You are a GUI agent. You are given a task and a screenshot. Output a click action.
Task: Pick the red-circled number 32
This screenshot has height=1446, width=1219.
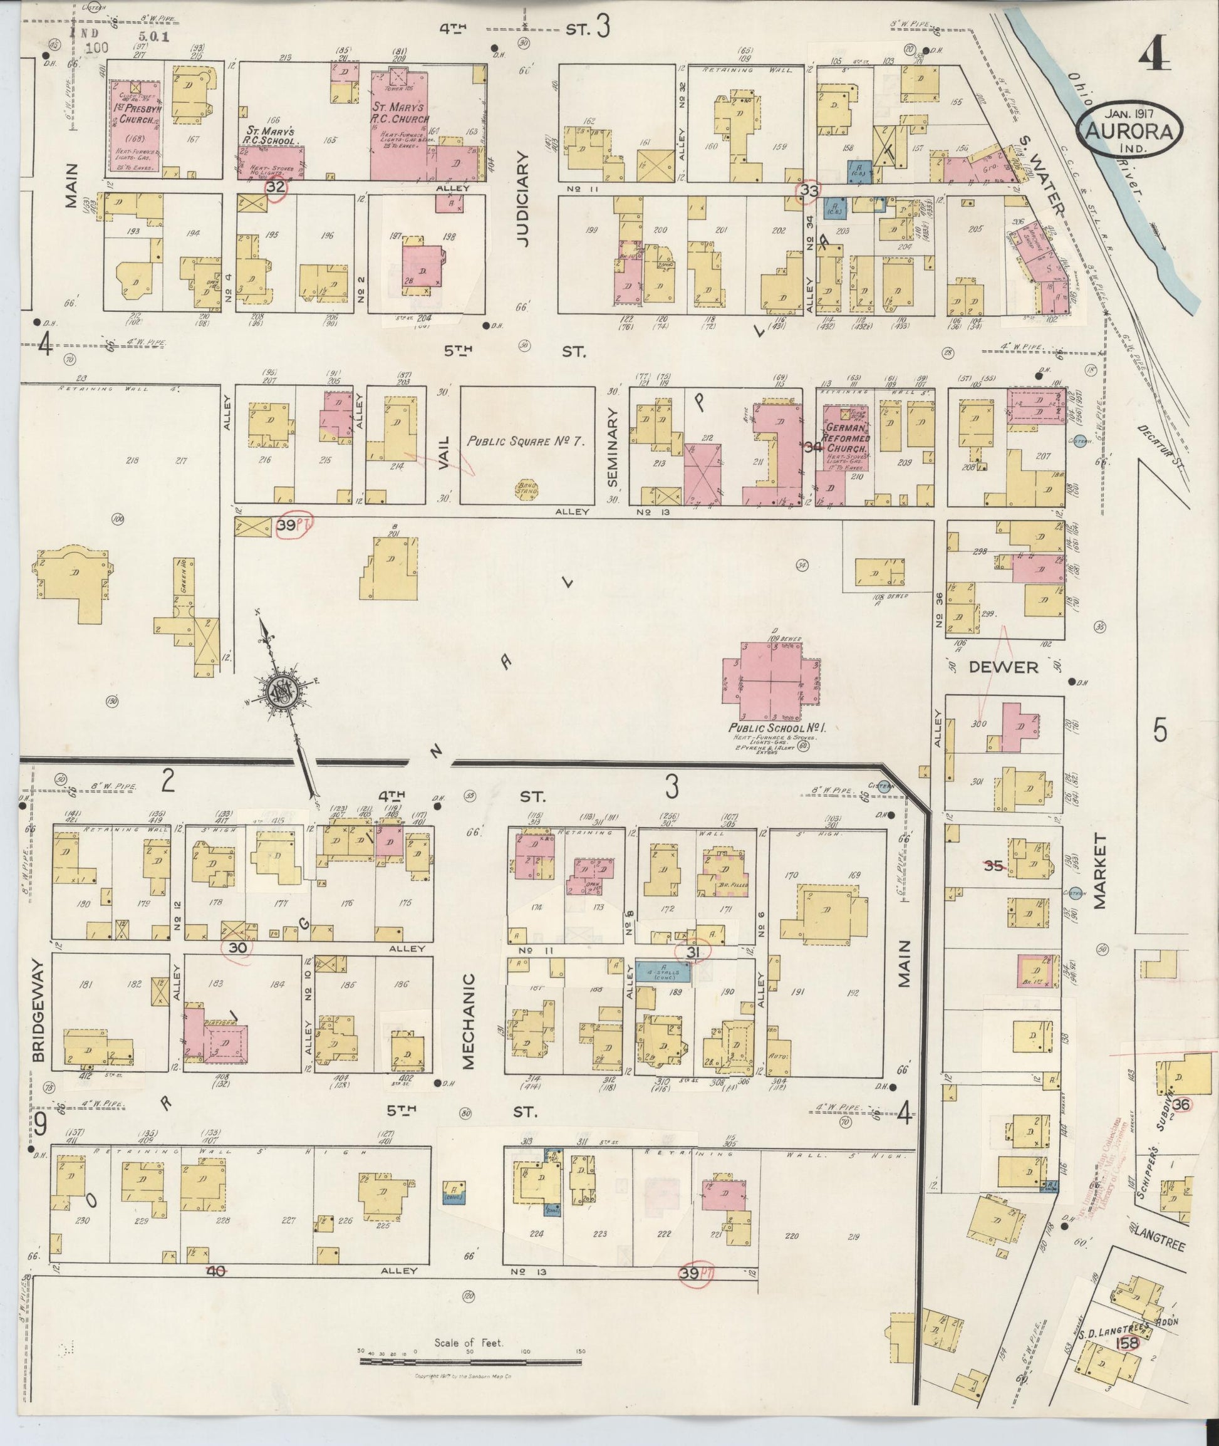click(x=276, y=187)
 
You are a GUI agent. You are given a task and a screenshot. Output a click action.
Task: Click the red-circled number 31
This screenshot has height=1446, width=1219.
click(x=695, y=952)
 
